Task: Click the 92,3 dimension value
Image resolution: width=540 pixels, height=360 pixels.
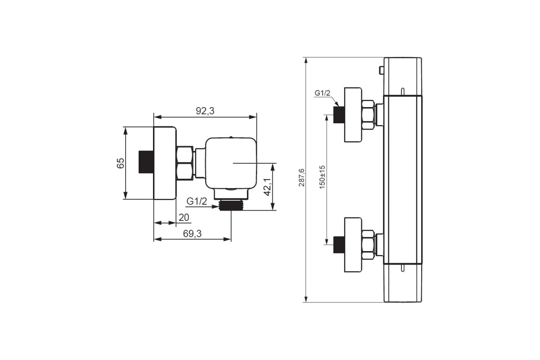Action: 205,111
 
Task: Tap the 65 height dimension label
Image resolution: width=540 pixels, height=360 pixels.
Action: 121,163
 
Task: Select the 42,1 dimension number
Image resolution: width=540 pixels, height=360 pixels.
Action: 268,187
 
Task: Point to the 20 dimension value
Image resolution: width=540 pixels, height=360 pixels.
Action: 184,218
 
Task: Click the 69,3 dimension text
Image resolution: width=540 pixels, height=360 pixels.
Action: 192,234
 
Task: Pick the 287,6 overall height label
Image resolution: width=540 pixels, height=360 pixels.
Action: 301,178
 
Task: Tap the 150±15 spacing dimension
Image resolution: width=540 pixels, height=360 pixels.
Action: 322,177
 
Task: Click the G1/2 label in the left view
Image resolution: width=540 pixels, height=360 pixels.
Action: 197,201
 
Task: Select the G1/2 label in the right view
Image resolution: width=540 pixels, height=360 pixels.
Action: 322,93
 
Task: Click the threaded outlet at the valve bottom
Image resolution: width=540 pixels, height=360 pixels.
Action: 231,205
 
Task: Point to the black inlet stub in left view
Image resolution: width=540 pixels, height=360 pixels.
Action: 146,162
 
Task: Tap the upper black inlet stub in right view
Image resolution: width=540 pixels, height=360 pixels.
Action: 339,115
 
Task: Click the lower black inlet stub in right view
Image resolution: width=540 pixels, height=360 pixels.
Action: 339,245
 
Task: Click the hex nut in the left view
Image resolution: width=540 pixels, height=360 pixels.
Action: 184,163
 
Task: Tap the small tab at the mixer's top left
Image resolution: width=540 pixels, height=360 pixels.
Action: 382,70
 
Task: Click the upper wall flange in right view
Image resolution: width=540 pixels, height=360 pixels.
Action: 353,115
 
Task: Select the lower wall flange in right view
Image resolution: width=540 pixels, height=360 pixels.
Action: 353,245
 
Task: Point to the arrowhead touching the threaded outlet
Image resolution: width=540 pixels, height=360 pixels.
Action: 215,207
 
